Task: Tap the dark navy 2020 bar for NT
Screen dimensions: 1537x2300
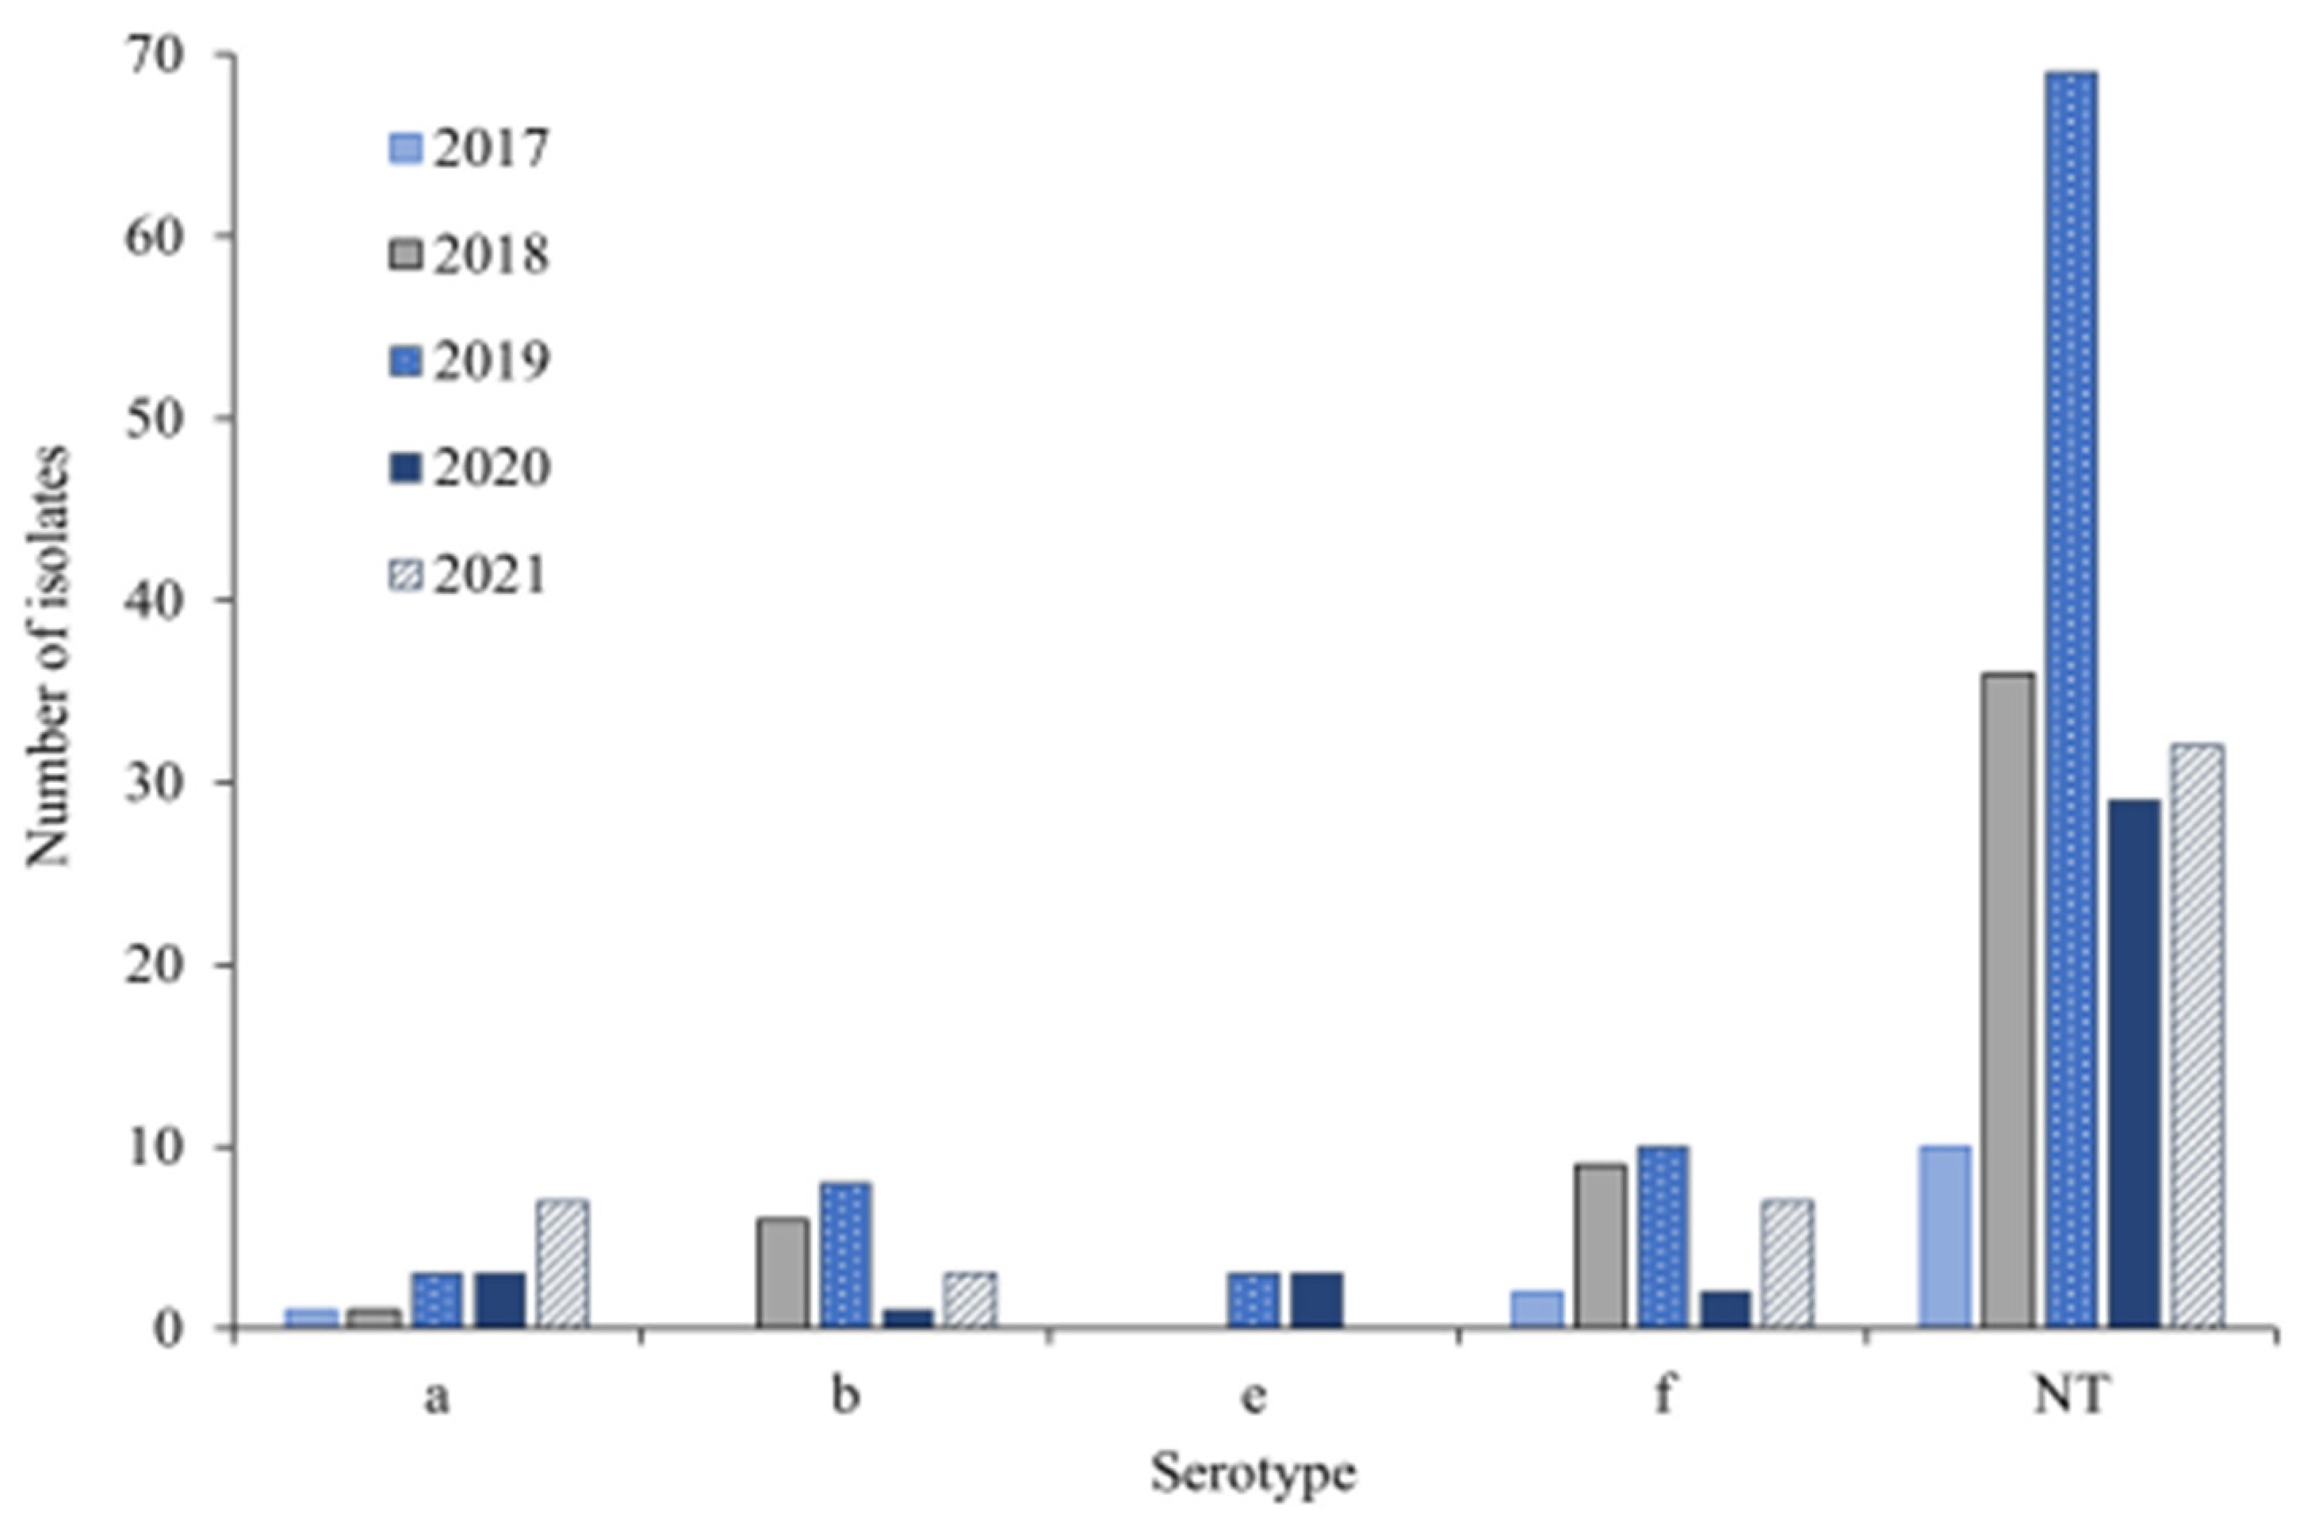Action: click(2134, 1064)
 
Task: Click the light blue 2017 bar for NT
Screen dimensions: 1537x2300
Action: click(1946, 1237)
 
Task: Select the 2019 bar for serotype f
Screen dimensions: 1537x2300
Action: click(1663, 1237)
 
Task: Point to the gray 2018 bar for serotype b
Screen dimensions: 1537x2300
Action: click(783, 1272)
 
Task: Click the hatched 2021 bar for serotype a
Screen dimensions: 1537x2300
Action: click(562, 1263)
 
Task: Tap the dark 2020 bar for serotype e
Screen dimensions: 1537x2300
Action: click(1316, 1300)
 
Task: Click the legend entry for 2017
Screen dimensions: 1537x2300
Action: click(469, 149)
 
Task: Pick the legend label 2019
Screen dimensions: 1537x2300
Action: click(490, 362)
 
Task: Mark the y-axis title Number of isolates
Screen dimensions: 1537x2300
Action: click(49, 657)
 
